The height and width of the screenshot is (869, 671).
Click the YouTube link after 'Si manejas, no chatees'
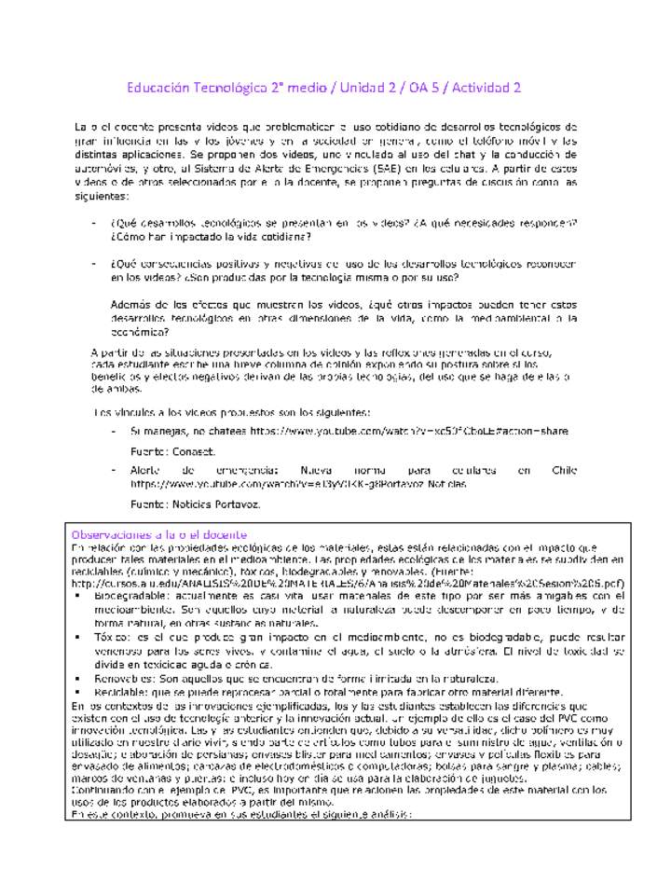click(409, 432)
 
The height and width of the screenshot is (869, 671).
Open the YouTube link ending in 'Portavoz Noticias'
click(298, 485)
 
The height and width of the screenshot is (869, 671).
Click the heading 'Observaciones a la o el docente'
click(159, 534)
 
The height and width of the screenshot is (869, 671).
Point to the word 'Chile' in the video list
click(564, 471)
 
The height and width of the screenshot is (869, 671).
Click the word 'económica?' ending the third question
click(139, 331)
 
